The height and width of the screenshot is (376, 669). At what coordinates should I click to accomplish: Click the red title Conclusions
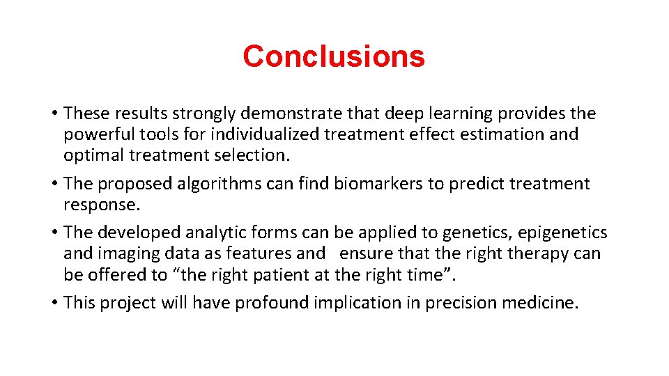click(x=334, y=56)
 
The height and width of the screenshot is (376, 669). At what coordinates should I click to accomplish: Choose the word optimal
click(x=91, y=155)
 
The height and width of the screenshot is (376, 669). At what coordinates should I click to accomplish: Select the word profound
click(x=272, y=303)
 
